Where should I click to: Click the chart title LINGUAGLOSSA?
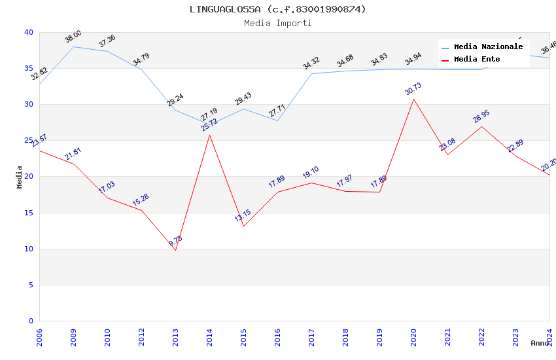[x=277, y=9]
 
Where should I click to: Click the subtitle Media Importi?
[x=277, y=23]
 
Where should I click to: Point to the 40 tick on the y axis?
[x=29, y=32]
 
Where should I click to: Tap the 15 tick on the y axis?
[x=29, y=213]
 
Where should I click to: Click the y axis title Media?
[x=20, y=177]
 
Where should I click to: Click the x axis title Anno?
[x=540, y=343]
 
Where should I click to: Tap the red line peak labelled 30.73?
[x=413, y=99]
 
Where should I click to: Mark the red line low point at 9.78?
[x=175, y=250]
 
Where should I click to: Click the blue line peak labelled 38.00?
[x=73, y=46]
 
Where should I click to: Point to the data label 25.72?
[x=209, y=125]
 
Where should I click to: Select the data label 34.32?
[x=311, y=63]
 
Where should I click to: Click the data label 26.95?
[x=481, y=117]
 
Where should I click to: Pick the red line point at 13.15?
[x=243, y=226]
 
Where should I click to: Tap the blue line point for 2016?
[x=277, y=120]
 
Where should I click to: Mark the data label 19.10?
[x=311, y=173]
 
